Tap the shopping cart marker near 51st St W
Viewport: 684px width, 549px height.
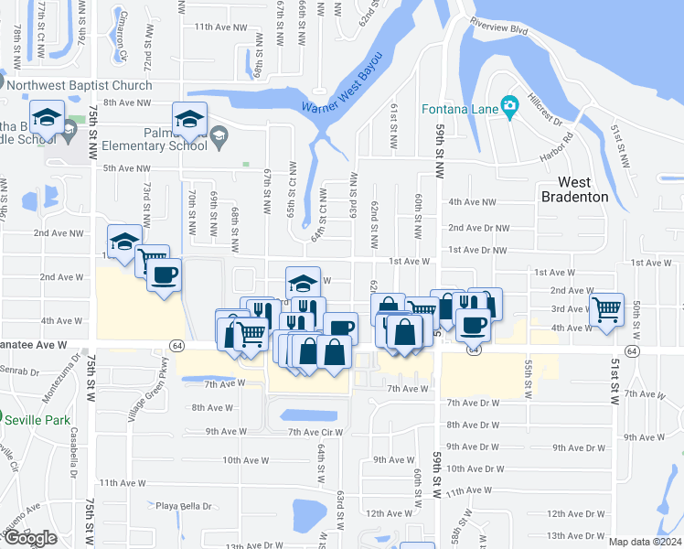tap(606, 309)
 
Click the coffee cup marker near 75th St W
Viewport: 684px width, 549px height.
tap(165, 274)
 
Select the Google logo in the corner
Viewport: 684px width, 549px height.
tap(30, 538)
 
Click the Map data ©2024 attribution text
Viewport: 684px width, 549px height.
tap(645, 542)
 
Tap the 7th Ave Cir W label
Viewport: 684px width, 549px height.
tap(315, 432)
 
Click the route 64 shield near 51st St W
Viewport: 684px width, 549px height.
tap(632, 350)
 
